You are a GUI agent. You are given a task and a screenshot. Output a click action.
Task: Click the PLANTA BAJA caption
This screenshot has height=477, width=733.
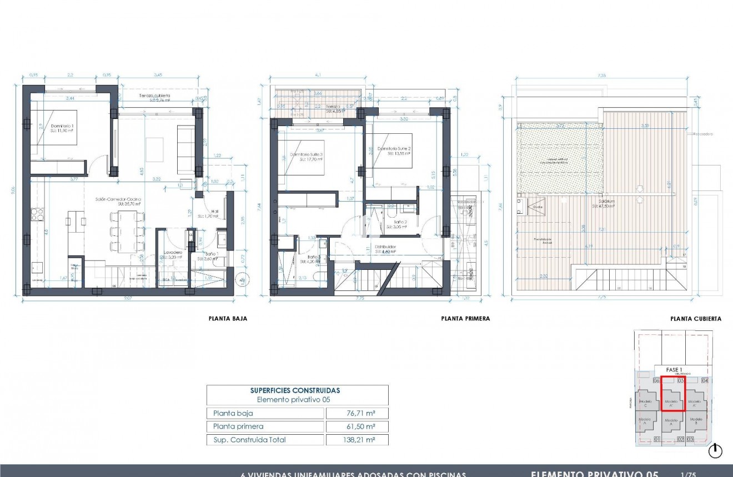point(228,319)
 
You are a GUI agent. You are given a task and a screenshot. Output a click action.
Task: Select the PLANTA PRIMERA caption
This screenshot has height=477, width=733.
point(465,319)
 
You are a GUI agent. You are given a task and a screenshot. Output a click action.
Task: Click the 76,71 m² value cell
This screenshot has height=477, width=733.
point(357,413)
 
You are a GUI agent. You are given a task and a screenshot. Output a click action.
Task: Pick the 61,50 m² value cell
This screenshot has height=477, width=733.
point(357,426)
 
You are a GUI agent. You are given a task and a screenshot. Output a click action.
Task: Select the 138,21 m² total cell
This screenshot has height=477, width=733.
point(357,440)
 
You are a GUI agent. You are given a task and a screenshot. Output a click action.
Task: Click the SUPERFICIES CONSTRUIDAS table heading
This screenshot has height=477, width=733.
point(295,390)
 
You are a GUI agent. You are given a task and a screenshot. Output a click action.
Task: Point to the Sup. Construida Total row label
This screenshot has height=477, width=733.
point(250,440)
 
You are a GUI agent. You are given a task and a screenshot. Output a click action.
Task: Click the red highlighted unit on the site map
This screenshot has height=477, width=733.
point(672,393)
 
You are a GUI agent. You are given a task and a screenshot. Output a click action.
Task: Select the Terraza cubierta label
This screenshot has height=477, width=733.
point(154,96)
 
